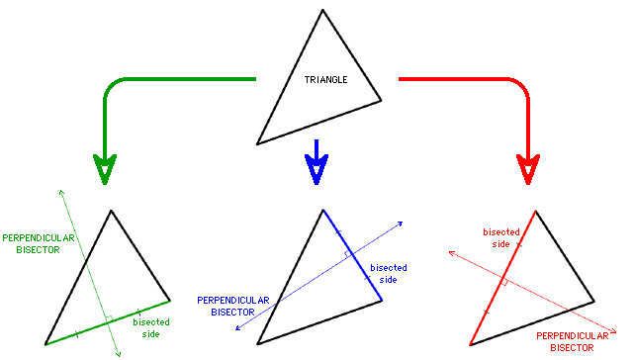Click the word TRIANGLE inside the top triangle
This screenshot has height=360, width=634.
(325, 79)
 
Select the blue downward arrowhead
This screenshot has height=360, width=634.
(316, 169)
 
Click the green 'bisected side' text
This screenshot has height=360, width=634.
(151, 327)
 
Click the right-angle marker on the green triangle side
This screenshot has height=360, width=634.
(110, 318)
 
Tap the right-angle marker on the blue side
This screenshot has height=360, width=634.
(348, 255)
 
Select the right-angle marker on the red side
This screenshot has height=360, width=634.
(504, 283)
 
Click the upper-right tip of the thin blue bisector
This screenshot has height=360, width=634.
(403, 222)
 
